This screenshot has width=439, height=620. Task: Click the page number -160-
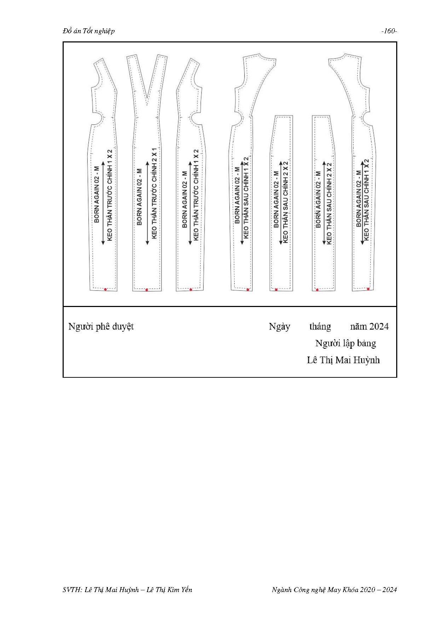tap(389, 31)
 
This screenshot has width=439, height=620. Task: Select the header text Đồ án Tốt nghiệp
tap(89, 31)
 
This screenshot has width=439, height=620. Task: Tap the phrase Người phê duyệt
tap(101, 326)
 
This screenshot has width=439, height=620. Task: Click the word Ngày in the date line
tap(279, 326)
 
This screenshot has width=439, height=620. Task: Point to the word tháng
tap(320, 326)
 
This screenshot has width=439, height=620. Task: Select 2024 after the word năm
tap(379, 326)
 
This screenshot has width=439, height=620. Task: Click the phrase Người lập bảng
tap(346, 343)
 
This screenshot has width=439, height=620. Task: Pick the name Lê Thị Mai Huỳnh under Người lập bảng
tap(343, 360)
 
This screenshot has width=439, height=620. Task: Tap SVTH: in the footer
tap(73, 590)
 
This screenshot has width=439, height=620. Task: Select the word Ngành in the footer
tap(282, 590)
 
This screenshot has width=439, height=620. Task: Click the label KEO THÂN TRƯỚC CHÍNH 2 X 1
tap(154, 193)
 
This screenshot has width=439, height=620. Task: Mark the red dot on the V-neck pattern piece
tap(147, 290)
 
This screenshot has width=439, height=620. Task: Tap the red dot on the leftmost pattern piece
tap(105, 289)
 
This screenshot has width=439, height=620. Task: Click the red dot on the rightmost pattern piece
tap(368, 289)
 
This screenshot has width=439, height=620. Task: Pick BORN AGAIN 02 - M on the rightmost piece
tap(359, 198)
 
